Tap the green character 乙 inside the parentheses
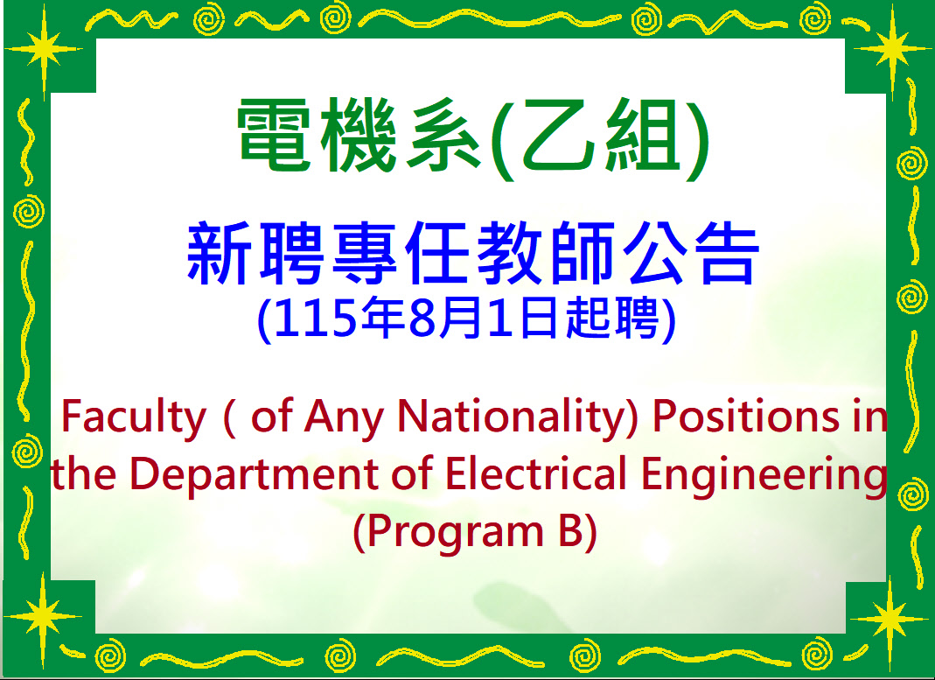pos(557,136)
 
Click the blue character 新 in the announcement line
pos(217,253)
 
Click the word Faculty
pos(133,417)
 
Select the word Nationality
pos(518,417)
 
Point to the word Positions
pos(745,416)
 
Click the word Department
pos(255,475)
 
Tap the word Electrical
pos(535,474)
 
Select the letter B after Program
pos(570,531)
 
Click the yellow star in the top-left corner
pos(44,48)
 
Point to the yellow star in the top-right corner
pos(892,48)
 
